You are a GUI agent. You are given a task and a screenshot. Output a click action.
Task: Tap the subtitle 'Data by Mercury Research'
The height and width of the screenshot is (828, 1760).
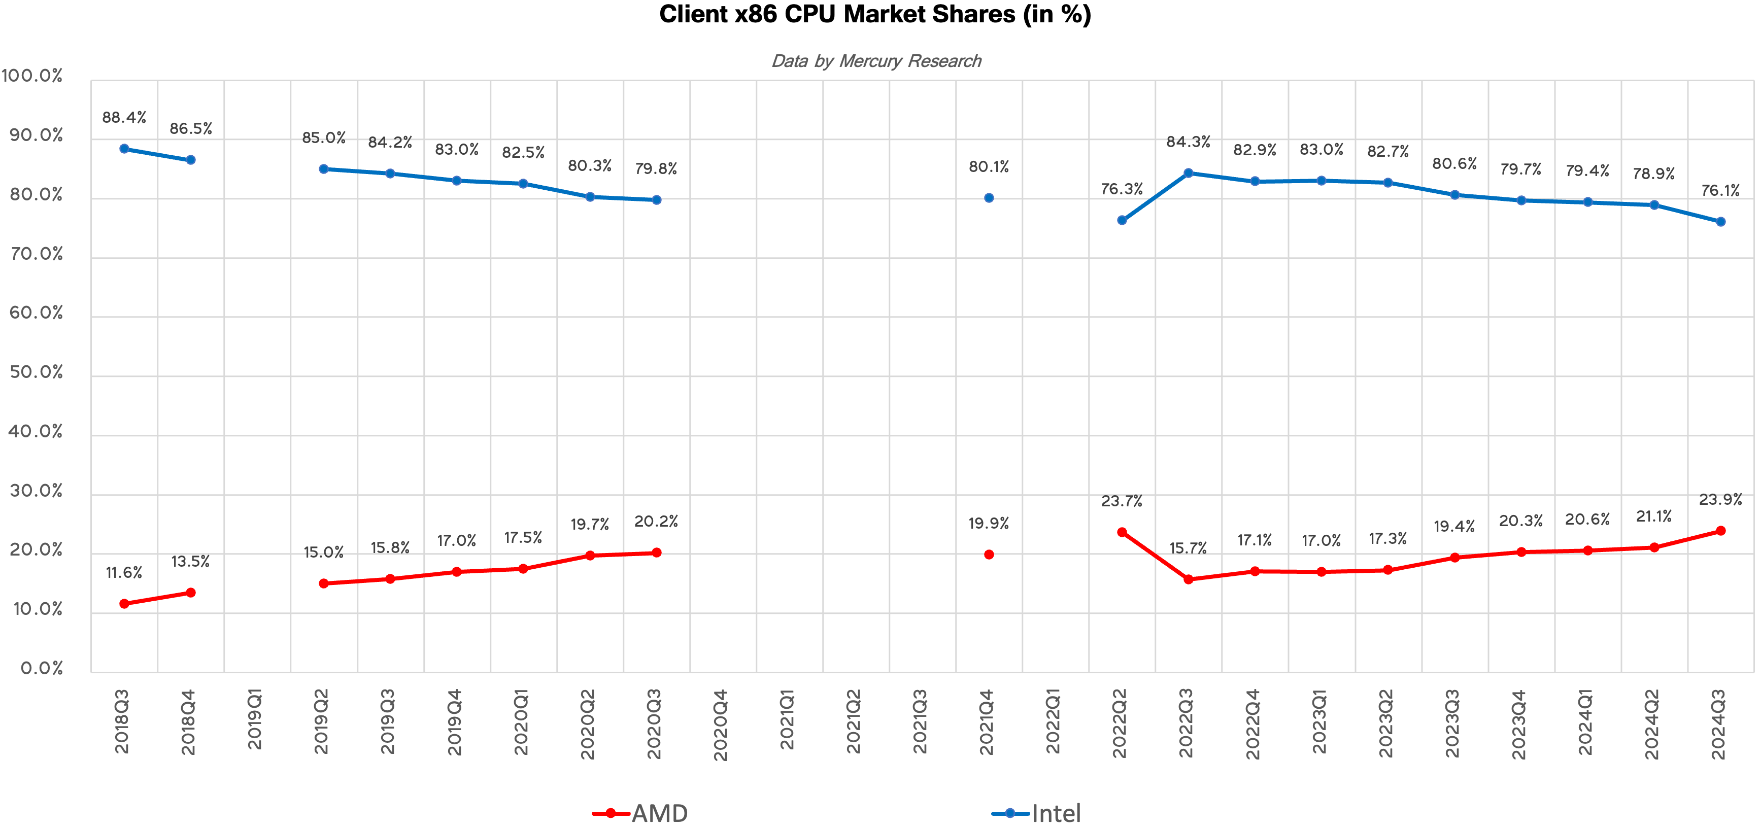(876, 61)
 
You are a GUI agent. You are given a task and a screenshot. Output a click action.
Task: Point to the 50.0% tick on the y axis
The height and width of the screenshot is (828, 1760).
(36, 372)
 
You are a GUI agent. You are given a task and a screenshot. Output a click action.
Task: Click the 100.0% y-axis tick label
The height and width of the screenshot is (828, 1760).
(32, 76)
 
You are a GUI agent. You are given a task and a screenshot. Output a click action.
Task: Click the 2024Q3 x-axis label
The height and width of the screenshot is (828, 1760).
(1718, 724)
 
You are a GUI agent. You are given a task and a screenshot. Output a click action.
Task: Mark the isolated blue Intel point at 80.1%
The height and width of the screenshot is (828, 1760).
(989, 198)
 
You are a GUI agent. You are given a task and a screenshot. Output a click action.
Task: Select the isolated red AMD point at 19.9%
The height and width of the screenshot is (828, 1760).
(989, 555)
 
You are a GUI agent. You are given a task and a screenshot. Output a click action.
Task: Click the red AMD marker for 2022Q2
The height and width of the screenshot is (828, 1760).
(1122, 532)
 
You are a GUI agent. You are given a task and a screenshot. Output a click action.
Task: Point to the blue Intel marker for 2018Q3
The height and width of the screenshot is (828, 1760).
(124, 149)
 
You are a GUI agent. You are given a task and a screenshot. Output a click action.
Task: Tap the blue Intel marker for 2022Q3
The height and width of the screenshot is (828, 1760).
(1188, 173)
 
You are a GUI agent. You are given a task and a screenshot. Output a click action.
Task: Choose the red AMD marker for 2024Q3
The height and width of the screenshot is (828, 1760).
(1720, 531)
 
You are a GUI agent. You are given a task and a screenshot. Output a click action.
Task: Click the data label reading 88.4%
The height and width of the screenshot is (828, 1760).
(124, 118)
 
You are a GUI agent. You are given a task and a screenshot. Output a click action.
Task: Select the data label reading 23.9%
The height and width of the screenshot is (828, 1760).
(1720, 499)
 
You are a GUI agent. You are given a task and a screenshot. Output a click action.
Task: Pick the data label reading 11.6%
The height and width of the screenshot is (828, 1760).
(124, 572)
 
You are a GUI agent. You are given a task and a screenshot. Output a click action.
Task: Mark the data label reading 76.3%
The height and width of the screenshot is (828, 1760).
(1122, 189)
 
